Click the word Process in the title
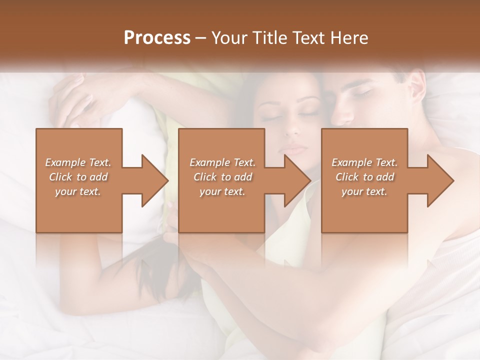[157, 38]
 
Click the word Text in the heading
[308, 38]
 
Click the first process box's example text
[78, 177]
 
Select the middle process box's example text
[222, 177]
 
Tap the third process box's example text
[364, 177]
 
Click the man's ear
[415, 85]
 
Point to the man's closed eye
[363, 92]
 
